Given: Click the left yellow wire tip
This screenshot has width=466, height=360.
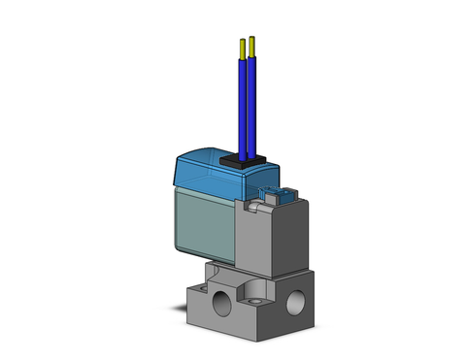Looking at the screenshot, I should (242, 46).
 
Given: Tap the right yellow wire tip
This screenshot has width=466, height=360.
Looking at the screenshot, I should (252, 44).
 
